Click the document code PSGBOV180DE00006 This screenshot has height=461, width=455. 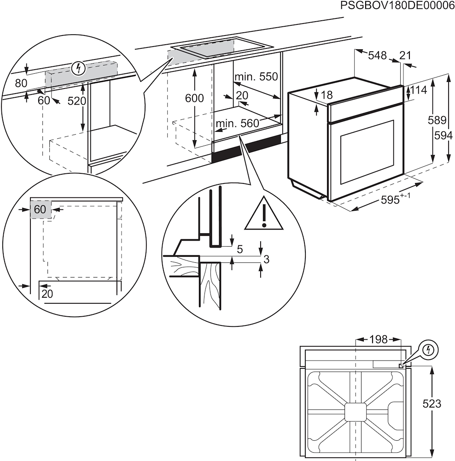tap(397, 6)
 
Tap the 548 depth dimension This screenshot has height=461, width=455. tap(377, 55)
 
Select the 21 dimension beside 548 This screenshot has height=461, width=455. tap(405, 55)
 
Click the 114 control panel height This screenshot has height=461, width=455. tap(419, 90)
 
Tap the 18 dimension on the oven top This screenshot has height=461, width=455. tap(327, 95)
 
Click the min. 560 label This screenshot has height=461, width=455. tap(237, 123)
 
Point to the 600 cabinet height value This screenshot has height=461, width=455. tap(194, 98)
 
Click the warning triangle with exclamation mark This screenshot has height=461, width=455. tap(264, 214)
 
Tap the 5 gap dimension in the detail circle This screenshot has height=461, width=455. tap(239, 250)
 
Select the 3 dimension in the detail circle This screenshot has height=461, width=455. tap(266, 260)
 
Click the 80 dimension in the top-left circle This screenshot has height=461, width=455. tap(21, 83)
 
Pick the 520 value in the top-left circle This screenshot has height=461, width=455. tap(77, 101)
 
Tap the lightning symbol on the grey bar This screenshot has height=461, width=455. tap(79, 69)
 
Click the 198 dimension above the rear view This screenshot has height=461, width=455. tap(379, 340)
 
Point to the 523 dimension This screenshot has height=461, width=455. tap(432, 403)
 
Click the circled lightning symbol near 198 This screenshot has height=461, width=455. tap(429, 349)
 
